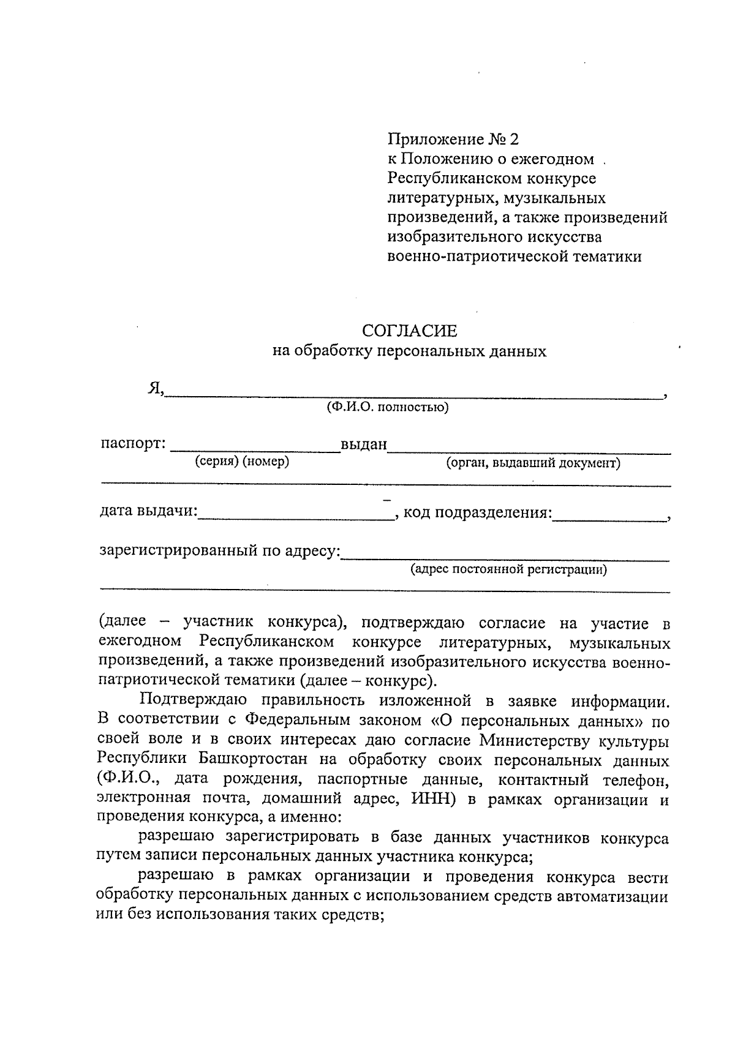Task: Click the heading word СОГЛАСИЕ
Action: tap(409, 331)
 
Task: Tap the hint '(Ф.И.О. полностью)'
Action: tap(387, 407)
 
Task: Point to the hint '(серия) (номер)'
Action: tap(242, 462)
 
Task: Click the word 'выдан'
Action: tap(364, 444)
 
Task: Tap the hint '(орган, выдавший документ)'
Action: tap(533, 463)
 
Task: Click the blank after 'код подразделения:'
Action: tap(609, 517)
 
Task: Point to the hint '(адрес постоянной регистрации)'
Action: tap(508, 570)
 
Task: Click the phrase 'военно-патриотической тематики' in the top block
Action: tap(514, 257)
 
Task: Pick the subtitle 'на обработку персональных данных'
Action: tap(409, 351)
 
